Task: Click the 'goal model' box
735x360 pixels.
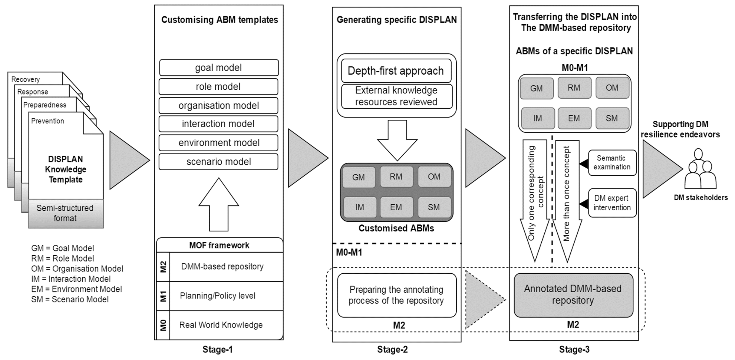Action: pyautogui.click(x=219, y=68)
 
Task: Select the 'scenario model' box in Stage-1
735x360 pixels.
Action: pyautogui.click(x=219, y=162)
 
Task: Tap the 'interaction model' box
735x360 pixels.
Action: pyautogui.click(x=219, y=124)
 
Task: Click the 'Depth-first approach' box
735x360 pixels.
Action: pyautogui.click(x=396, y=71)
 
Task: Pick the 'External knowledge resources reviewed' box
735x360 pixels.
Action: pyautogui.click(x=396, y=96)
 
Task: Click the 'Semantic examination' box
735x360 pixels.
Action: pyautogui.click(x=612, y=162)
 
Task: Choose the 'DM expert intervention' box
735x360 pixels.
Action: pyautogui.click(x=612, y=203)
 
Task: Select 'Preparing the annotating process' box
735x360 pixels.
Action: pyautogui.click(x=396, y=295)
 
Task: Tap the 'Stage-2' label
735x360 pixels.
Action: pyautogui.click(x=392, y=349)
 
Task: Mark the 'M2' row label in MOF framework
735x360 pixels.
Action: pyautogui.click(x=163, y=267)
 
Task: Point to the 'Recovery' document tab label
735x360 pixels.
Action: pyautogui.click(x=26, y=79)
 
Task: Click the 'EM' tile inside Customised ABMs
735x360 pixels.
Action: pyautogui.click(x=396, y=207)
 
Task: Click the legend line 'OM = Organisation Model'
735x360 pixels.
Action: pyautogui.click(x=77, y=269)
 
